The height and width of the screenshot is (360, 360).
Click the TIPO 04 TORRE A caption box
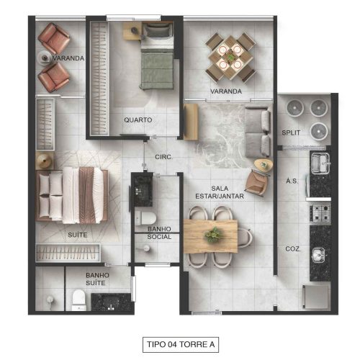tap(181, 344)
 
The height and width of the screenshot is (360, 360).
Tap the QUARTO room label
tap(138, 120)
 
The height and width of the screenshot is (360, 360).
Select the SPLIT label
tap(291, 132)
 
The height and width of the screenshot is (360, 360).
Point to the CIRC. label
tap(164, 157)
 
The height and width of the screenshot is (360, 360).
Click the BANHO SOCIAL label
tap(159, 233)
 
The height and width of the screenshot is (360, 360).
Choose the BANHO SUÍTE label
tap(97, 279)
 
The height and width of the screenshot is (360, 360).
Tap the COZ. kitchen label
tap(293, 249)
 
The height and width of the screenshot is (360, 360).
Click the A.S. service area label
tap(292, 181)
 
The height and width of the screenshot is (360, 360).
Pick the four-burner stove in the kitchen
tap(320, 213)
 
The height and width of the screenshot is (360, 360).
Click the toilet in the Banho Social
tap(145, 218)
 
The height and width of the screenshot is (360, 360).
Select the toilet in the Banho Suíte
tap(78, 300)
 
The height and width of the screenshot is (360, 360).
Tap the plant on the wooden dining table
tap(213, 235)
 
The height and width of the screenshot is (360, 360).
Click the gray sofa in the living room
tap(258, 132)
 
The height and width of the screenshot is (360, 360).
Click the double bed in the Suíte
tap(71, 196)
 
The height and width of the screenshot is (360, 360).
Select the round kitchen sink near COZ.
tap(318, 254)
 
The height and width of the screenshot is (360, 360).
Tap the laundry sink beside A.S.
tap(320, 163)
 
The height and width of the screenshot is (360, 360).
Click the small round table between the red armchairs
tap(45, 58)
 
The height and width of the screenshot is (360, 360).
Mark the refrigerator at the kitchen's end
tap(316, 297)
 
